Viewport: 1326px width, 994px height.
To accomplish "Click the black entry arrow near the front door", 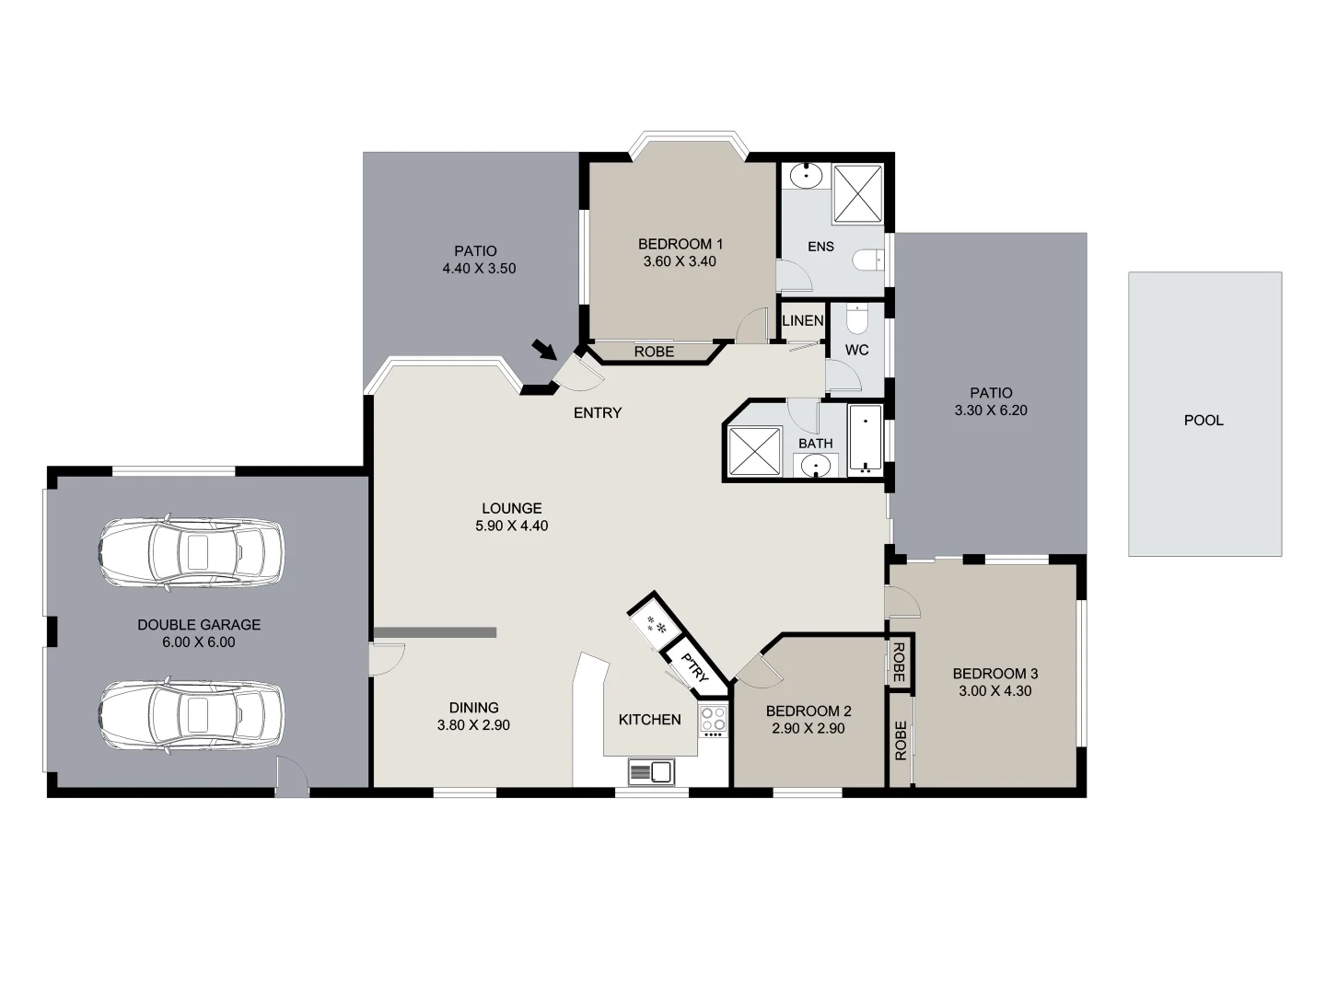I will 544,350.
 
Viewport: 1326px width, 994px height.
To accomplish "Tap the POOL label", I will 1204,421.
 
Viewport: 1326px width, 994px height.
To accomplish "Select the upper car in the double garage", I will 191,551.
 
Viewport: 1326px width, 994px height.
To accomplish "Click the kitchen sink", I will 651,770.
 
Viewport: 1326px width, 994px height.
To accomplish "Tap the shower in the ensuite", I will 858,194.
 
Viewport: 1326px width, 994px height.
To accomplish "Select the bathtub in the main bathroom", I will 866,439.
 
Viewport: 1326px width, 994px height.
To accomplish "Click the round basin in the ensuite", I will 808,173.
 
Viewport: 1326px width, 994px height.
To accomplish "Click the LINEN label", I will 802,321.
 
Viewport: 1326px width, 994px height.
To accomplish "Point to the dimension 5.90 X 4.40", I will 511,526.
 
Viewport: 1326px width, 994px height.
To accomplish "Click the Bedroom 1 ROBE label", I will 654,353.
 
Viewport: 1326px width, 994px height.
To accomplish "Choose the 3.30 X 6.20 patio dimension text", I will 991,410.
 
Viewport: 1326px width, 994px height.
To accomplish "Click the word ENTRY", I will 598,413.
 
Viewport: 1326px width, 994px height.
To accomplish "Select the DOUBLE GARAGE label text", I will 199,625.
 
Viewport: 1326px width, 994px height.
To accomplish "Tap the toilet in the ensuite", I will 867,260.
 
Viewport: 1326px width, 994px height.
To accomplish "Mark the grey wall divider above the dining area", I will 436,632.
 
